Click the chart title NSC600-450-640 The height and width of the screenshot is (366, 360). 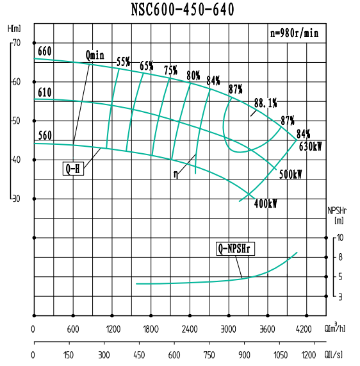coord(182,10)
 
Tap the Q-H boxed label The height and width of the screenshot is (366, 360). coord(73,169)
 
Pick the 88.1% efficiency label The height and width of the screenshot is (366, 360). coord(265,103)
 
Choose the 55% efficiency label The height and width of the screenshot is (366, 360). coord(124,62)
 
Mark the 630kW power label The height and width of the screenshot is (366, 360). coord(310,146)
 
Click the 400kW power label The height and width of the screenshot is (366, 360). coord(265,204)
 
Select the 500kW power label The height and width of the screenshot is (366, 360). coord(290,175)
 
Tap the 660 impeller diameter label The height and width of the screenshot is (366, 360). coord(44,52)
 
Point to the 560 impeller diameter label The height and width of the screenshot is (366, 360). coord(44,136)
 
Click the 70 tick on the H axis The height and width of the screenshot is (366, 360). coord(16,43)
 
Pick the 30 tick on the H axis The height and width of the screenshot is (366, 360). coord(16,199)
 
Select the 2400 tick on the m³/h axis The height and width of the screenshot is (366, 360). coord(190,329)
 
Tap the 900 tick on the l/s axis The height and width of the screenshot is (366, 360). coord(244,354)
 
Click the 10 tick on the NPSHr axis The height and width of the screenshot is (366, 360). coord(341,238)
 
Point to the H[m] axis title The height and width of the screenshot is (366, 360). coord(14,29)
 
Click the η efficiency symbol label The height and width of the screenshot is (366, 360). coord(175,173)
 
